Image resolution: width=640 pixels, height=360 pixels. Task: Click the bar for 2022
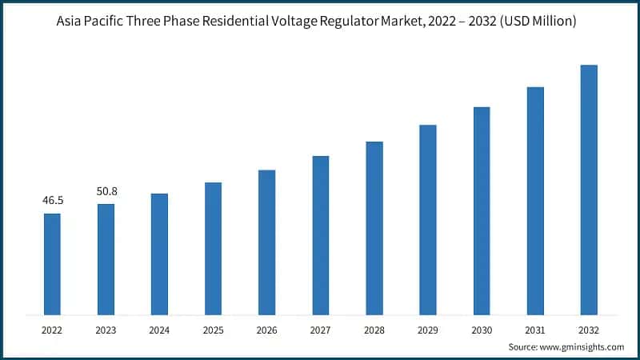tap(52, 263)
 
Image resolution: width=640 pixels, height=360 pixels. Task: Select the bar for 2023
tap(106, 258)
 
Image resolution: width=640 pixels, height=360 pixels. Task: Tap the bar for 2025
tap(213, 248)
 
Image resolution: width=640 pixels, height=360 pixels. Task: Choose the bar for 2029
tap(428, 219)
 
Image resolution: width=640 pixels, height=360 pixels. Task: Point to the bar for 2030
tap(482, 210)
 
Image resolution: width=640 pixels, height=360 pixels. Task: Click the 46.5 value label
tap(52, 201)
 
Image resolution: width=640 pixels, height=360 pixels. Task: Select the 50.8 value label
tap(106, 191)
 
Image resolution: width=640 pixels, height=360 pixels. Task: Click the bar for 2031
tap(535, 200)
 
